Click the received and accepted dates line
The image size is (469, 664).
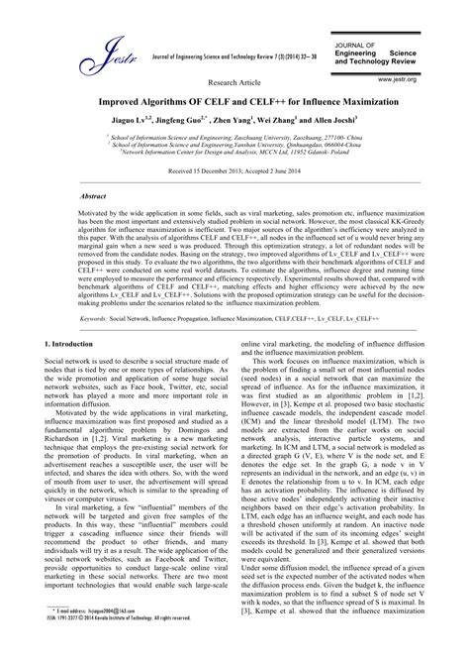(234, 171)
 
